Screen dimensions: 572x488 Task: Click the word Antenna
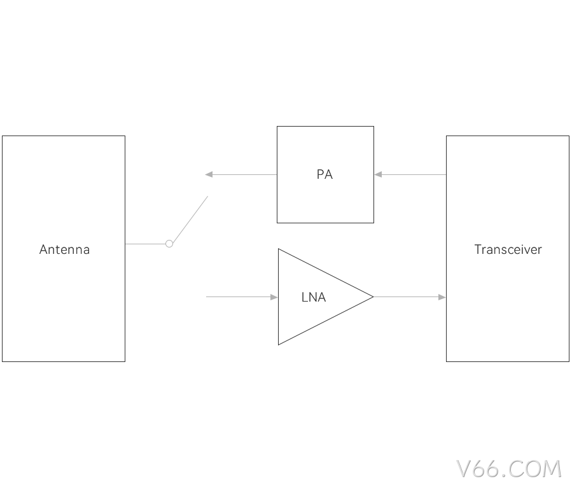click(64, 249)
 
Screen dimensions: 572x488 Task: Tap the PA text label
click(324, 174)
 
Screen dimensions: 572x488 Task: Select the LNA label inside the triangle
click(314, 297)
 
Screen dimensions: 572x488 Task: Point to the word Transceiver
click(508, 249)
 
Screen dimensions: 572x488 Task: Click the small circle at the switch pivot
click(169, 244)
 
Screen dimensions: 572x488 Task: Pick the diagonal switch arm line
click(190, 220)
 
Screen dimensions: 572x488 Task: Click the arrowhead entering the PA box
click(379, 175)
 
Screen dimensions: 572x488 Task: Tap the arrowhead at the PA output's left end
click(209, 175)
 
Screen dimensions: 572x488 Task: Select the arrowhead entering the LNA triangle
click(274, 297)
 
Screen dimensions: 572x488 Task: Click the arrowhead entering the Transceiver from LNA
click(442, 297)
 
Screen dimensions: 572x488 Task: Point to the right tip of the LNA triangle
click(373, 297)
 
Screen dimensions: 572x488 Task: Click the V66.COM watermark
click(508, 469)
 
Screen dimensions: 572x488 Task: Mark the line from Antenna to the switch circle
click(145, 244)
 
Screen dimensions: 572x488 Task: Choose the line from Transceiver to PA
click(410, 175)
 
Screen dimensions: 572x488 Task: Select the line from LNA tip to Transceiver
click(409, 297)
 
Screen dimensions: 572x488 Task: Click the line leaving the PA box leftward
click(241, 175)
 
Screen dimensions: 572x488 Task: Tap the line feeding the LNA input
click(242, 297)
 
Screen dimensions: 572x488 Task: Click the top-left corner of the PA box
click(277, 127)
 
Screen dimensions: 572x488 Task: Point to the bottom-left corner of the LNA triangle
click(278, 345)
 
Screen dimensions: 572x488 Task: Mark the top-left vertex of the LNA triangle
click(278, 249)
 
